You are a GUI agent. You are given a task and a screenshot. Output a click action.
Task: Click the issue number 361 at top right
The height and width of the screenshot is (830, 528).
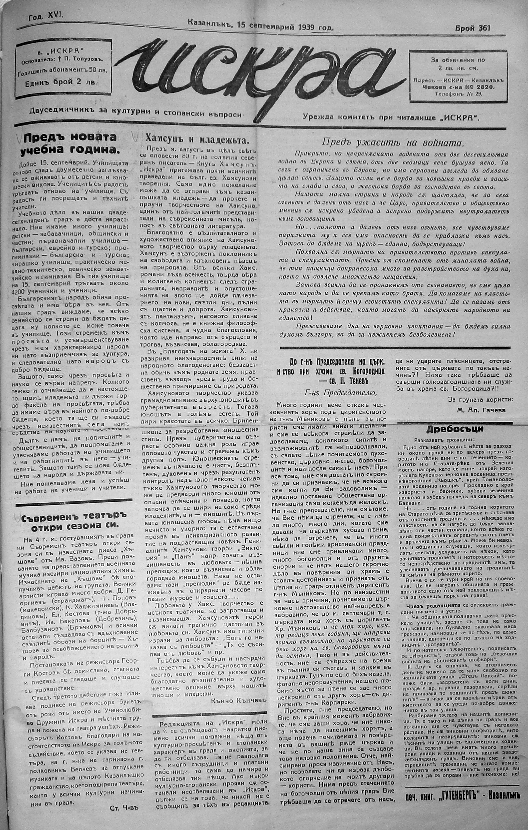coord(484,28)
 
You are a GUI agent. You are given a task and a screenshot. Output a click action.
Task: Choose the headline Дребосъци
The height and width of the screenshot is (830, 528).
coord(455,429)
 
